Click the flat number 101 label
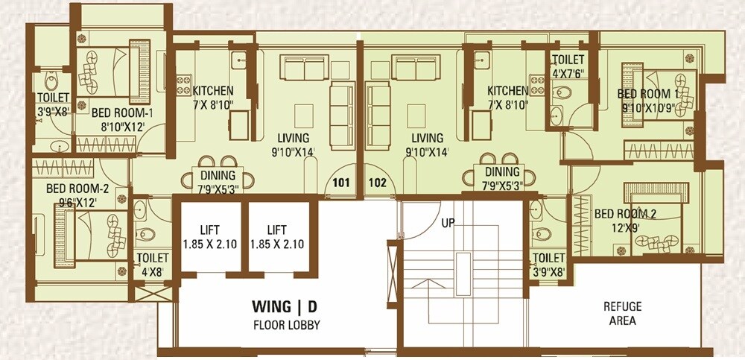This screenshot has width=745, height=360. tap(340, 182)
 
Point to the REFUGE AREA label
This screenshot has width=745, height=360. tap(623, 313)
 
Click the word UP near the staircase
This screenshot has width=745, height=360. tap(448, 222)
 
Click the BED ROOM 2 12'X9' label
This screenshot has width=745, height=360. tap(626, 221)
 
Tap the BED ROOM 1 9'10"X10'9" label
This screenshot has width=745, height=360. tap(648, 101)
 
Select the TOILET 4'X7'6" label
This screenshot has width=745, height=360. tap(568, 66)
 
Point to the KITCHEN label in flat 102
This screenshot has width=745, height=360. tap(508, 97)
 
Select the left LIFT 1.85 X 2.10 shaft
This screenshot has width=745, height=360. tap(209, 236)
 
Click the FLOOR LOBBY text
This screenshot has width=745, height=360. tap(276, 325)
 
